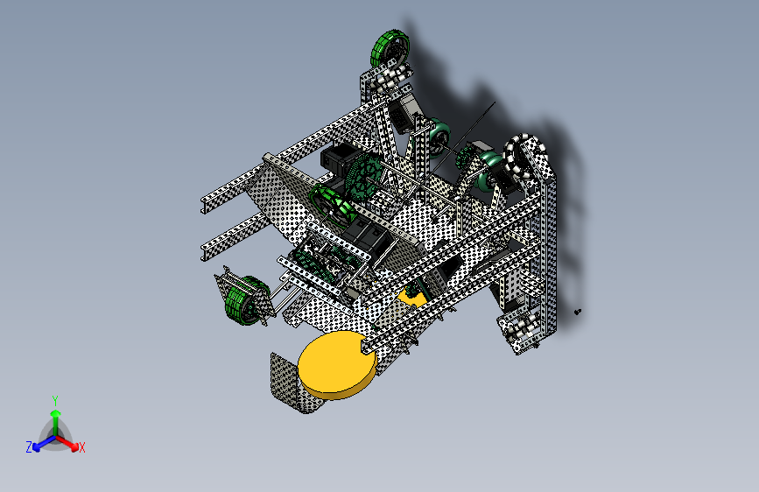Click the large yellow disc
[336, 364]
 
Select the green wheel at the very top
[390, 48]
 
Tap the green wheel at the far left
[247, 300]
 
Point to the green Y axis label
[55, 401]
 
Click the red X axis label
[81, 448]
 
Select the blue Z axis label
[29, 447]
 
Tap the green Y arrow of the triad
[56, 423]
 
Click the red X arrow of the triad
[67, 443]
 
